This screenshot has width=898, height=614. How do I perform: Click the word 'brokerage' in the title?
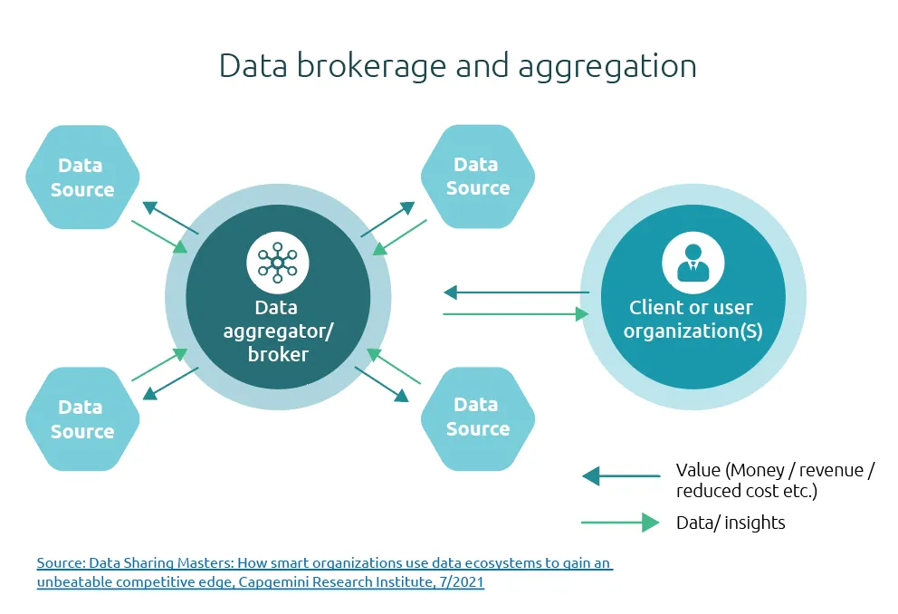[371, 66]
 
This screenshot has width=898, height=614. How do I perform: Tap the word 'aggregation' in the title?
[607, 67]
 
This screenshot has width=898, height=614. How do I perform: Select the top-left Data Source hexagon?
[82, 177]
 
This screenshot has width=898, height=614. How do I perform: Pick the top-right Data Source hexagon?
[478, 177]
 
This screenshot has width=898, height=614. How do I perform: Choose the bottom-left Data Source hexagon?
[82, 418]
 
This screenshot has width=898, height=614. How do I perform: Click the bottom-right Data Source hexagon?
[478, 418]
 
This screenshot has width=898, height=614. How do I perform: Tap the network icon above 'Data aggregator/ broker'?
[278, 263]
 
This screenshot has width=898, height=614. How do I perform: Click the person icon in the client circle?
[693, 263]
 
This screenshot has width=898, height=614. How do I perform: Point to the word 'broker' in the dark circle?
[278, 354]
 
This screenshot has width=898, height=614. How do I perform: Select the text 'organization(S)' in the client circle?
[693, 331]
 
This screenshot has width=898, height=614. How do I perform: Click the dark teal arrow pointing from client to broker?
[517, 293]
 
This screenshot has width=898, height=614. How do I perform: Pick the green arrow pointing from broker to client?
[516, 314]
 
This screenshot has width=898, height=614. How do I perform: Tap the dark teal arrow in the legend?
[621, 476]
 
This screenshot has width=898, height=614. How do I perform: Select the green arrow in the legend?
[620, 523]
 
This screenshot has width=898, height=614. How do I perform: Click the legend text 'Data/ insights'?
[731, 523]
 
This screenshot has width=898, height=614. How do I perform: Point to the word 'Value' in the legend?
[698, 470]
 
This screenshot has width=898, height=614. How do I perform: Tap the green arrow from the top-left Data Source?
[160, 236]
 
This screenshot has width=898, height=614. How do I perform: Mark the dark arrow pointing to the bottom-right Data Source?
[382, 384]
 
